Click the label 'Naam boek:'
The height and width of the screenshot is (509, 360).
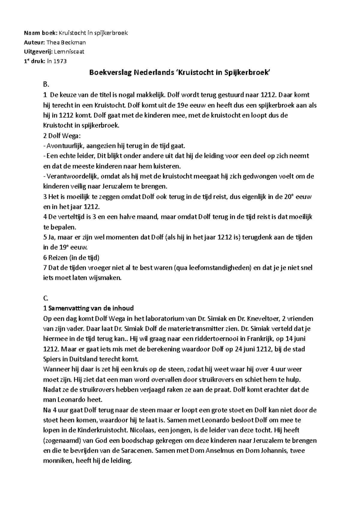click(40, 33)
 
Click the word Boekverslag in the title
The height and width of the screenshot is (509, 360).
click(110, 73)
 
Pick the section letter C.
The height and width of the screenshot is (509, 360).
click(46, 298)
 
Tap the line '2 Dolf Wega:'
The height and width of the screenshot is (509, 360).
click(62, 136)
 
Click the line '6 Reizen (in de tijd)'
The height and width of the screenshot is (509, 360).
click(71, 257)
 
